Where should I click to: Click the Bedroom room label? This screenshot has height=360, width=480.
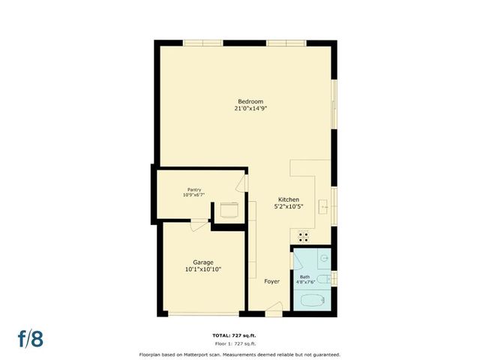(x=250, y=101)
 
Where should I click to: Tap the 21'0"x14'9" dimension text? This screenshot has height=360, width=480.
(x=250, y=109)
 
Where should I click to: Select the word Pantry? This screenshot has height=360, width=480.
(x=193, y=189)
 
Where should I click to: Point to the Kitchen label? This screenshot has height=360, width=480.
(x=289, y=199)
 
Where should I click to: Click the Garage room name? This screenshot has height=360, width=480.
(x=202, y=262)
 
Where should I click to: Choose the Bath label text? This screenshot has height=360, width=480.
(x=304, y=277)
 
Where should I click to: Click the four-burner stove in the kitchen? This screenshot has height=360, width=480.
(x=304, y=235)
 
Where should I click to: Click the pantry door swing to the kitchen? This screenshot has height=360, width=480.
(x=241, y=183)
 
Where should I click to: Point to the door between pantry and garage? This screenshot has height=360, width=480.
(x=200, y=223)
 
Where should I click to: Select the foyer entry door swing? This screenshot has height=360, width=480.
(x=274, y=307)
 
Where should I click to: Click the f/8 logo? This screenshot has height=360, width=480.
(x=31, y=338)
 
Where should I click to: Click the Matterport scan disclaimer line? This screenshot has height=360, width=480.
(x=239, y=354)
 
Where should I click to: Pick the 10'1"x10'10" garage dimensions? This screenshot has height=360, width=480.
(x=202, y=269)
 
